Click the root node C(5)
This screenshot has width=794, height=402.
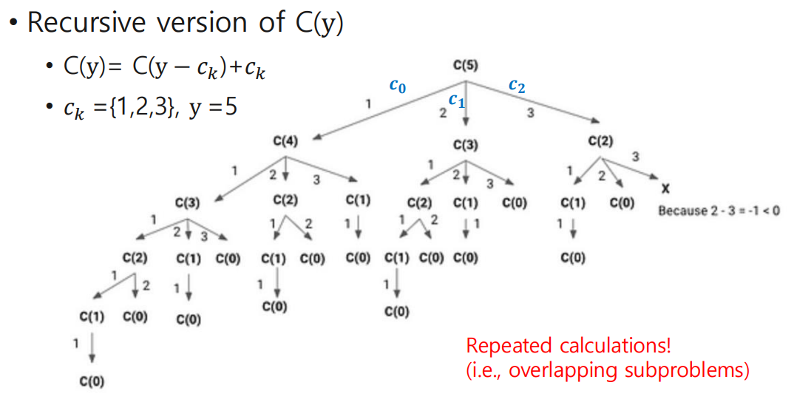(x=465, y=66)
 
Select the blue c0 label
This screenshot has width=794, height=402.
(x=397, y=86)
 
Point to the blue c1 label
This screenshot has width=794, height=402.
(x=456, y=101)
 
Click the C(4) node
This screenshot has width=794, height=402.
(x=285, y=141)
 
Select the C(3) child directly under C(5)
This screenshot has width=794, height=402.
(x=466, y=144)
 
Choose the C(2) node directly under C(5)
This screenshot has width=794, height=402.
(x=602, y=140)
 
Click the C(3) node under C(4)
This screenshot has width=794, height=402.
(x=188, y=201)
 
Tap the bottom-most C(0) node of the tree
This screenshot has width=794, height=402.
(x=92, y=381)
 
